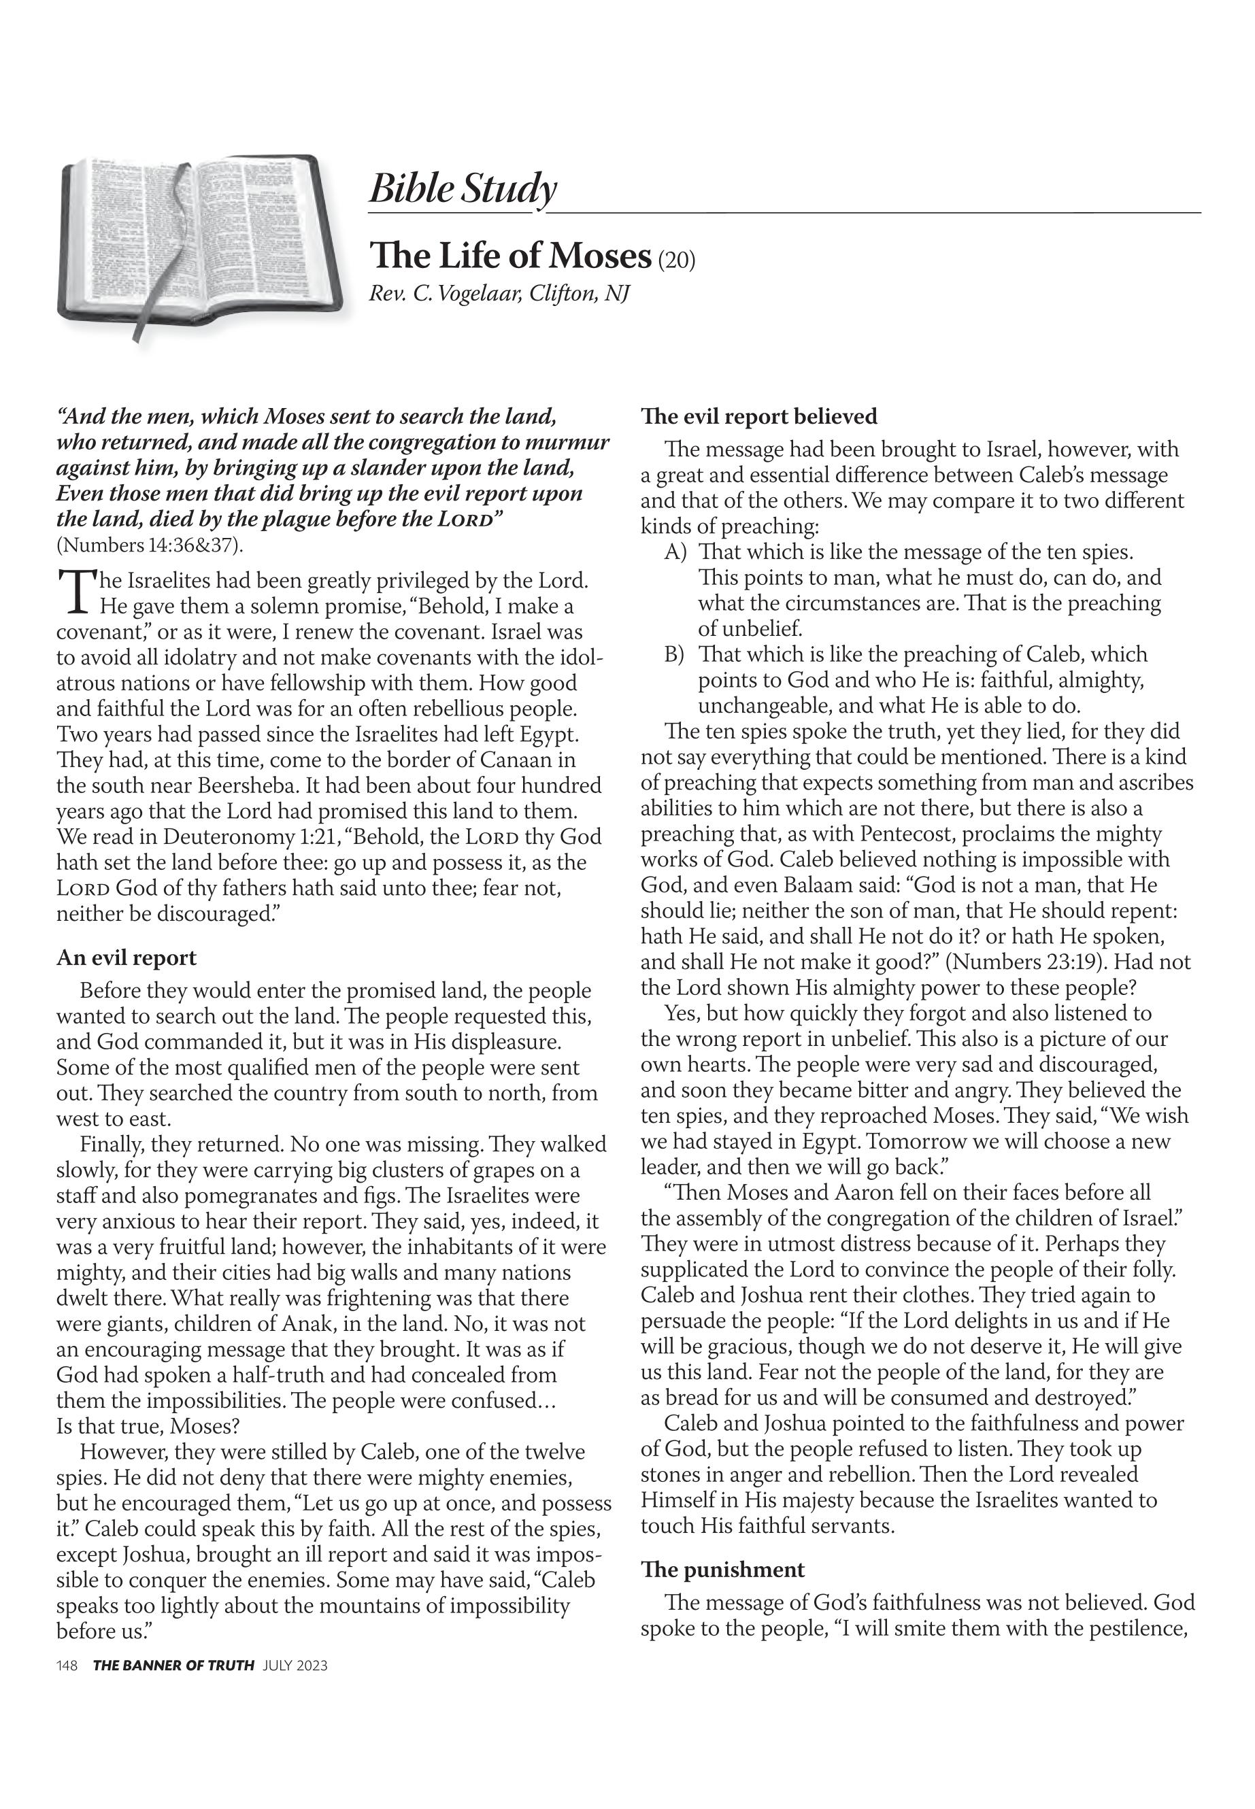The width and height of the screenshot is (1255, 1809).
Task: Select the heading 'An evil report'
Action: [126, 958]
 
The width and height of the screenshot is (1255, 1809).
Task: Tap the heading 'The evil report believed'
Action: [759, 416]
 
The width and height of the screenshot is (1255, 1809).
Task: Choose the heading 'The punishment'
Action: [722, 1569]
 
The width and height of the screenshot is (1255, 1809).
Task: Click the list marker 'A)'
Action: [675, 552]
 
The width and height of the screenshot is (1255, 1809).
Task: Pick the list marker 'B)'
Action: [675, 654]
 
